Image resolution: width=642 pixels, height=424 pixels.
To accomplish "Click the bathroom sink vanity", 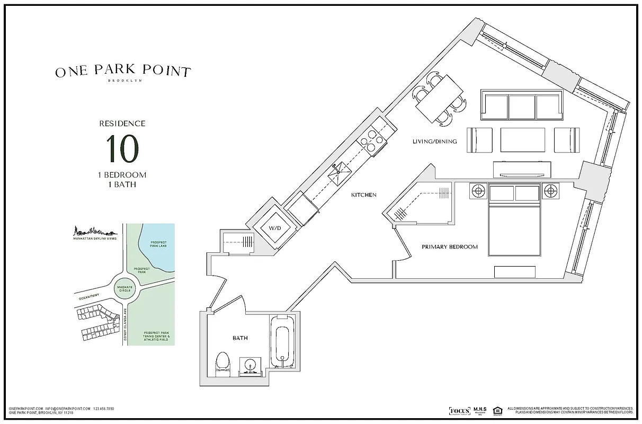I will click(x=250, y=366).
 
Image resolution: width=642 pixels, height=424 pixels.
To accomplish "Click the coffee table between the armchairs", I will click(x=522, y=139).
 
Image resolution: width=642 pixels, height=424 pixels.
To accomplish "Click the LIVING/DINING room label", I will click(x=434, y=142).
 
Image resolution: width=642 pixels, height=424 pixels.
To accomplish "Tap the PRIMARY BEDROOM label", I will click(x=450, y=247).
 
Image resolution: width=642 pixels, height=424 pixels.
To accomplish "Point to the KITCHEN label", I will click(x=364, y=195).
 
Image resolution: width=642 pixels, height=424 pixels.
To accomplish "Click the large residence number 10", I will click(x=122, y=149).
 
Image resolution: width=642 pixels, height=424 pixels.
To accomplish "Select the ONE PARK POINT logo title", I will click(x=123, y=72).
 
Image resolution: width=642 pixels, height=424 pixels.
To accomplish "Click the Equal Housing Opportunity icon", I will click(x=497, y=411).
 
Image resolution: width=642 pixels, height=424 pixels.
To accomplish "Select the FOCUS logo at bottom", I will click(x=459, y=411).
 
